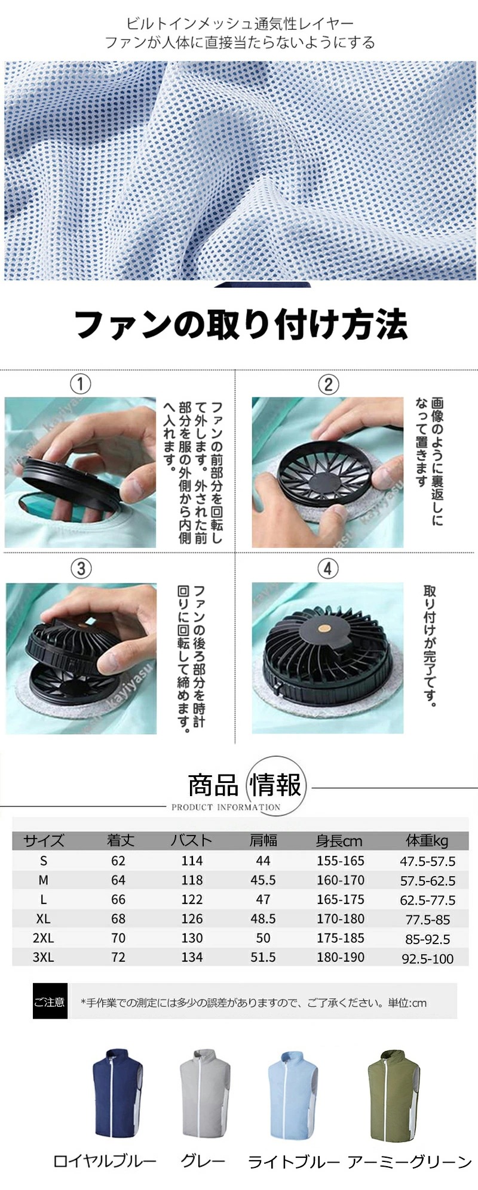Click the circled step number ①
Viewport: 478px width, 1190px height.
pyautogui.click(x=81, y=383)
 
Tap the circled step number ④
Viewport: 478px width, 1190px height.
pyautogui.click(x=327, y=568)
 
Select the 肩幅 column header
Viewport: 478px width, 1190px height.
pyautogui.click(x=263, y=840)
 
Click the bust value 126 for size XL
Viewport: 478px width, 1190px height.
pyautogui.click(x=192, y=918)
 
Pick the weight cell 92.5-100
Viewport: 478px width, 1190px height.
pyautogui.click(x=427, y=958)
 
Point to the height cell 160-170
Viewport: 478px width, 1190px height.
pyautogui.click(x=340, y=880)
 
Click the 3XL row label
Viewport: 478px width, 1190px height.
pyautogui.click(x=43, y=957)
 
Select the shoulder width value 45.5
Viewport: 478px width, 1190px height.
pyautogui.click(x=263, y=880)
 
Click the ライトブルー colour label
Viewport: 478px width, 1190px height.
pyautogui.click(x=293, y=1161)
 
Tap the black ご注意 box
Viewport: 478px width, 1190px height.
pyautogui.click(x=50, y=1002)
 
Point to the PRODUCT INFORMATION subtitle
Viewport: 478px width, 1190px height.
pyautogui.click(x=225, y=807)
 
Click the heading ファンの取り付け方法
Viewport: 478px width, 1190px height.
pyautogui.click(x=240, y=325)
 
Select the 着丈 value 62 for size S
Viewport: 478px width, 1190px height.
pyautogui.click(x=118, y=861)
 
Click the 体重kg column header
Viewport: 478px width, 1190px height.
pyautogui.click(x=427, y=840)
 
